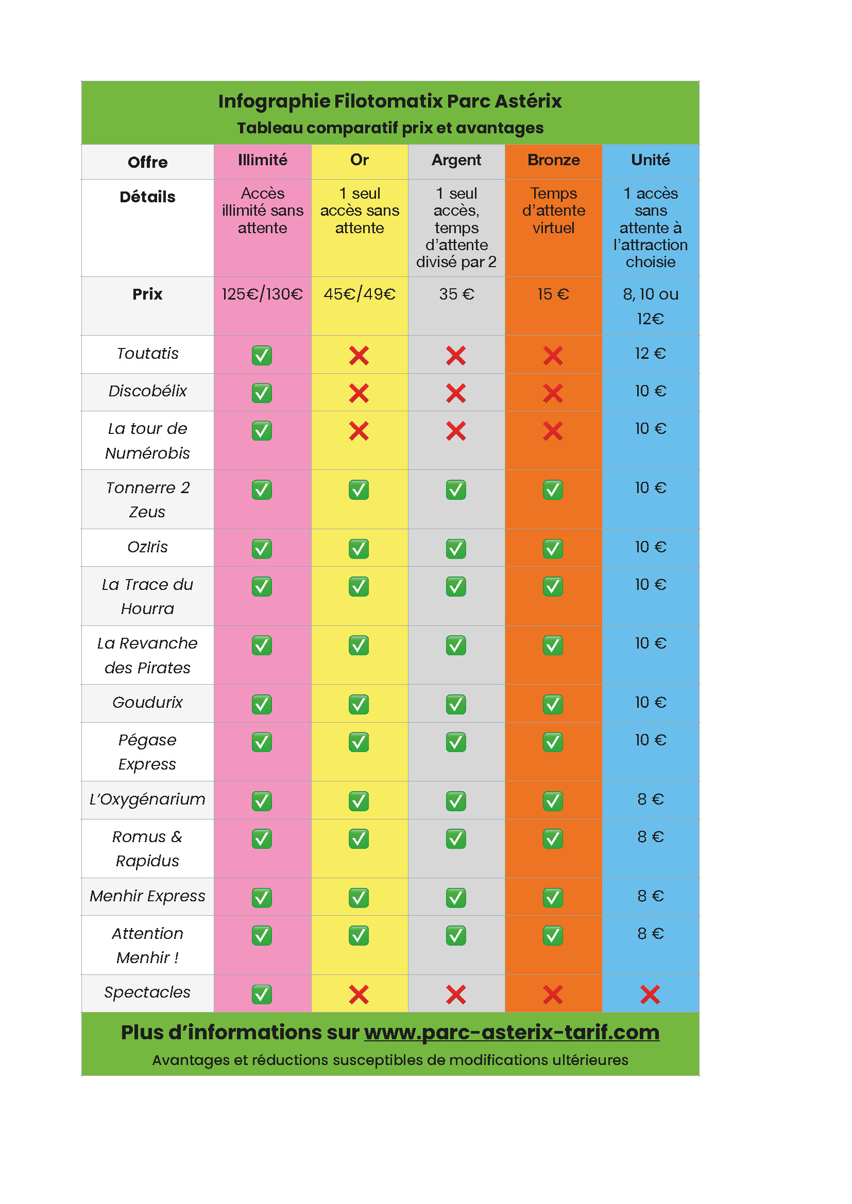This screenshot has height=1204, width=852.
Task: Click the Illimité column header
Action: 262,160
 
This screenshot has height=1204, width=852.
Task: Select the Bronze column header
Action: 553,160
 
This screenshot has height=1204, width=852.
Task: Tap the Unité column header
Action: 651,160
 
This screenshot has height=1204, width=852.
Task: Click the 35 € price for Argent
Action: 456,294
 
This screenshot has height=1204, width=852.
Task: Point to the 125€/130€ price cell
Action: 262,294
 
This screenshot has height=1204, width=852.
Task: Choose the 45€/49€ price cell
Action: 360,294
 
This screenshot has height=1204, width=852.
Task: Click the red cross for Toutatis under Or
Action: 359,356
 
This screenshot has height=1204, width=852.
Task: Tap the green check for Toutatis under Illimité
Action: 262,356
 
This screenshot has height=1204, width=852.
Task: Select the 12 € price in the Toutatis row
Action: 651,354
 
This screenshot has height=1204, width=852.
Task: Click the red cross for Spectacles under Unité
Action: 650,994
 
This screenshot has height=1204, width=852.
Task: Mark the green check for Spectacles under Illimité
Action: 262,994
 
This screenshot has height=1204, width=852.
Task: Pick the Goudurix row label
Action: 147,703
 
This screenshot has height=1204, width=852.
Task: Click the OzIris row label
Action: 147,548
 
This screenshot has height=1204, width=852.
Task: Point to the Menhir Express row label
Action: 147,896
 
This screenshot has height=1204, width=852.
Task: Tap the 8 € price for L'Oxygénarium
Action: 651,799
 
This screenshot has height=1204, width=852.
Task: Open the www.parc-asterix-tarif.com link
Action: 512,1032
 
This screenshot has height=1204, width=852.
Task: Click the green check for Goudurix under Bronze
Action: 553,704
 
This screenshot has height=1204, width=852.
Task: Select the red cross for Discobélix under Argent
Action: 456,393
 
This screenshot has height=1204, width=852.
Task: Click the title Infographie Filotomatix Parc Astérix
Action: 390,101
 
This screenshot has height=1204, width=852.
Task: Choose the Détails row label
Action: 147,197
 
